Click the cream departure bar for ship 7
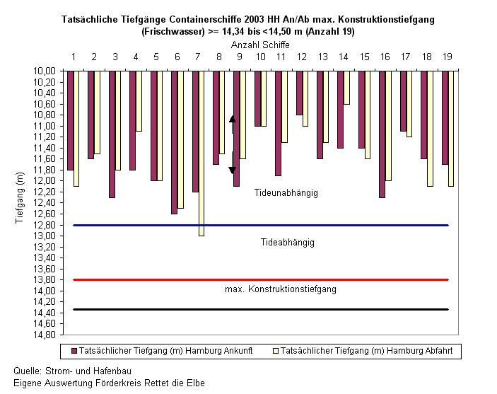click(201, 153)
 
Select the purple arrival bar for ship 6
click(175, 142)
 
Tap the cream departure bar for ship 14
click(346, 88)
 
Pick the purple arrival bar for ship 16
click(382, 134)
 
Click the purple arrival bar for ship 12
click(299, 93)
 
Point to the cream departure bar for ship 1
click(76, 129)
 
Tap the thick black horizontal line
click(261, 309)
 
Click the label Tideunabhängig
click(286, 193)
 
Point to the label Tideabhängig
click(288, 243)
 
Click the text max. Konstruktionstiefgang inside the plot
click(281, 289)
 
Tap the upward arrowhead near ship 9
click(233, 119)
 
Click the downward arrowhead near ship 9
click(233, 170)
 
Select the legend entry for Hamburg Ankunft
click(162, 351)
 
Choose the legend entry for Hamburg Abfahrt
click(363, 351)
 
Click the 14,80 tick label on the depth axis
click(44, 335)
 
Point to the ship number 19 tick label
click(448, 57)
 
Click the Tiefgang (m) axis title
click(20, 197)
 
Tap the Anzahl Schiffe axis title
click(260, 45)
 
